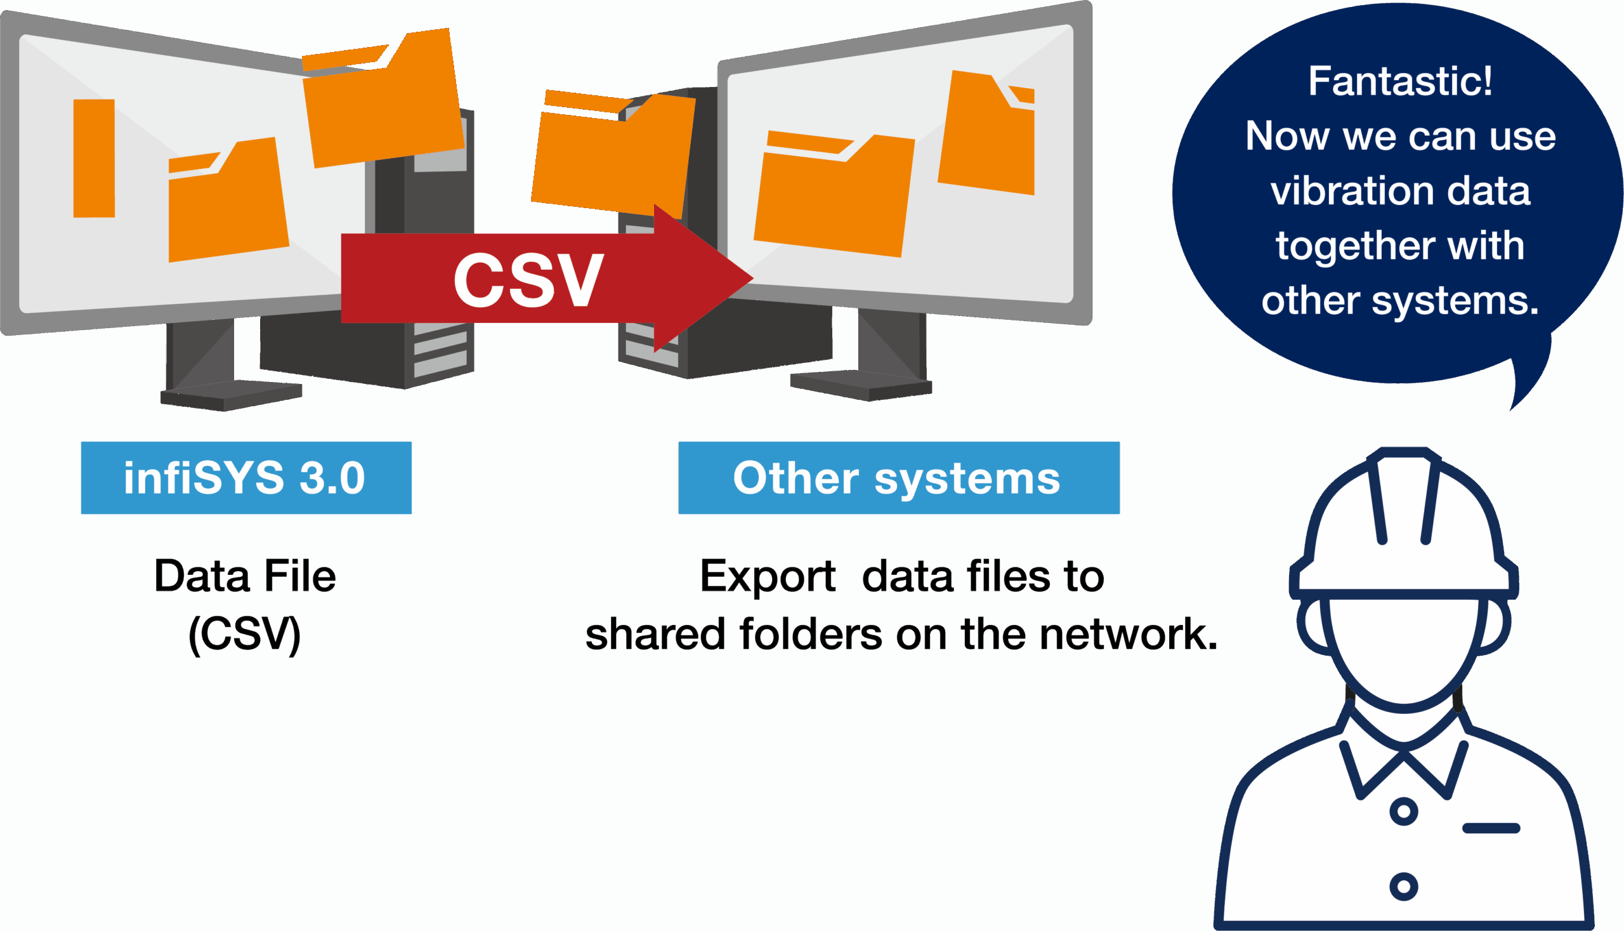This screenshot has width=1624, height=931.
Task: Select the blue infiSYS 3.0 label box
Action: (246, 478)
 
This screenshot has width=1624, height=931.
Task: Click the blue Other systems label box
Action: (899, 478)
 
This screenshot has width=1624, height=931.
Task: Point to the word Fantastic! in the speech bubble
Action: (1399, 81)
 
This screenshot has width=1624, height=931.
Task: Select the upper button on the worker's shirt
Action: (1403, 812)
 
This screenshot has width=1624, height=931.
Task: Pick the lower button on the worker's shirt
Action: (1403, 886)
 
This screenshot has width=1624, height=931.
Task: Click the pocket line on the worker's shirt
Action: (1491, 829)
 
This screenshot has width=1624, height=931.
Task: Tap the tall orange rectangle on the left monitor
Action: (94, 158)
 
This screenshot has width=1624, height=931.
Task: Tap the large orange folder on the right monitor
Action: (834, 195)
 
